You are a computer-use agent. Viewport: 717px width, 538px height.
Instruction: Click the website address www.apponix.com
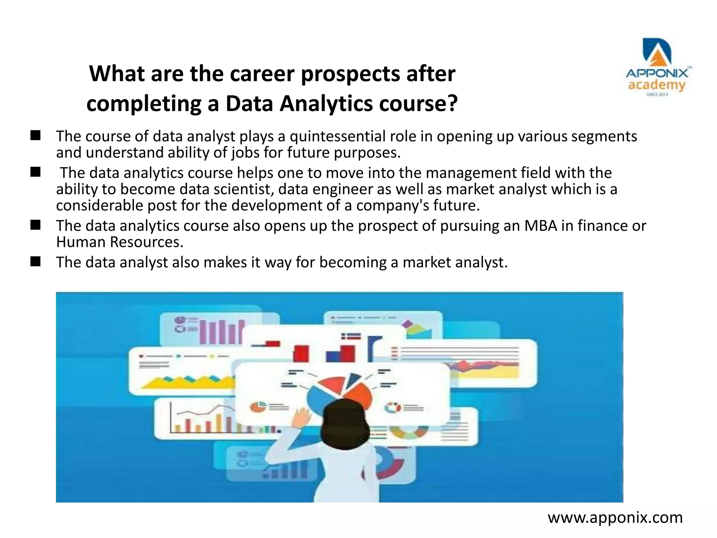pos(615,517)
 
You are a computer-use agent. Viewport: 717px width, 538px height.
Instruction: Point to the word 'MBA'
pos(541,226)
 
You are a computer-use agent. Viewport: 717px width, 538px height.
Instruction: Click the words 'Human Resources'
pos(119,242)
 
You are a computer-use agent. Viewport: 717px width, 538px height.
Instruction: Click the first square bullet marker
pos(35,136)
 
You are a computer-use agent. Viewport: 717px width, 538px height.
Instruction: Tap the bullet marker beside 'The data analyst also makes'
pos(35,262)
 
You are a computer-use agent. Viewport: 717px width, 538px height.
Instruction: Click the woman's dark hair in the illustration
pos(345,424)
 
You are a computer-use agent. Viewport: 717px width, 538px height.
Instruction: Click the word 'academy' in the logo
pos(657,85)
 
